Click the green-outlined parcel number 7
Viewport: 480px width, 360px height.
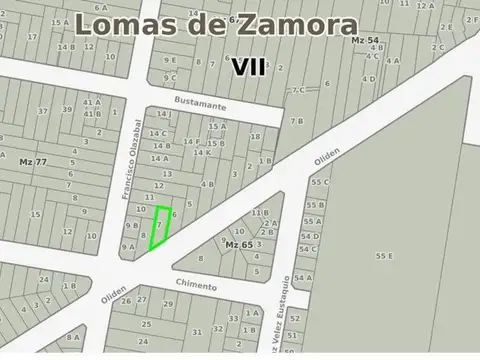pyautogui.click(x=158, y=226)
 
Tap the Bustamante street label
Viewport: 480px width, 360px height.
pyautogui.click(x=200, y=104)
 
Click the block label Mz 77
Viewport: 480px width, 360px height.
pyautogui.click(x=33, y=161)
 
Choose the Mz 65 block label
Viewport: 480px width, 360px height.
pyautogui.click(x=239, y=244)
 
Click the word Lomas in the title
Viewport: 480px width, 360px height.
pyautogui.click(x=126, y=25)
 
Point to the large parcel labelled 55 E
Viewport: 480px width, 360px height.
pyautogui.click(x=384, y=256)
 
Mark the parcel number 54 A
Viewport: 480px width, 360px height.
pyautogui.click(x=303, y=277)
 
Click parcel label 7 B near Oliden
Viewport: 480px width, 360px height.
pyautogui.click(x=297, y=121)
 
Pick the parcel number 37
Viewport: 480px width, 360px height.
pyautogui.click(x=42, y=110)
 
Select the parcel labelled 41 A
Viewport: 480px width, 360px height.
pyautogui.click(x=92, y=101)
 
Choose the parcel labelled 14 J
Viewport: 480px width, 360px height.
pyautogui.click(x=164, y=114)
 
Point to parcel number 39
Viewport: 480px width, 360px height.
pyautogui.click(x=67, y=109)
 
